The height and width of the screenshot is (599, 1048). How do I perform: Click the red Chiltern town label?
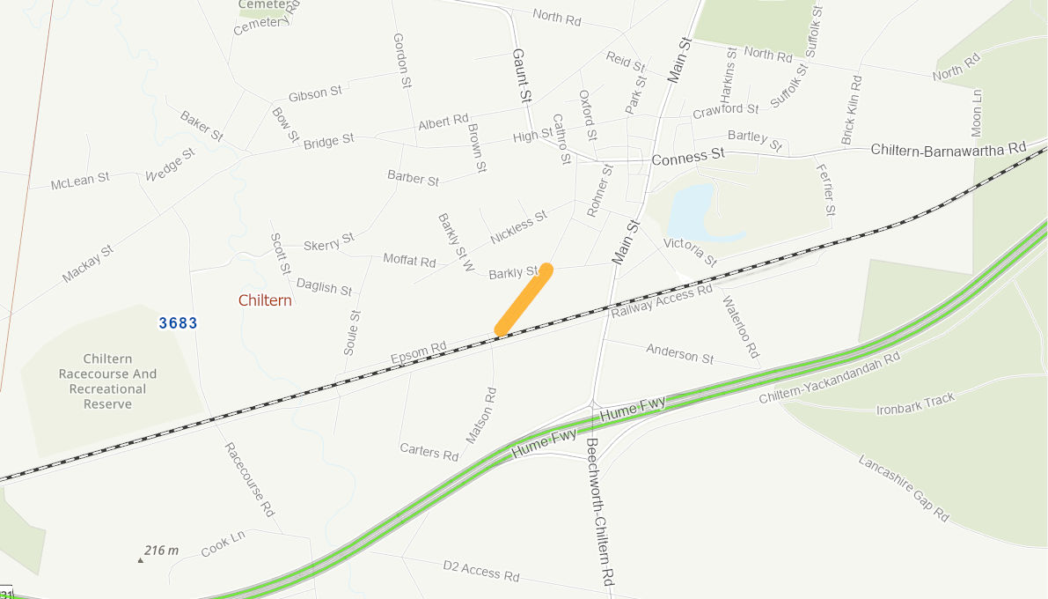[x=265, y=300]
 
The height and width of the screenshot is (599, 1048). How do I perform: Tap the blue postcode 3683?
[x=179, y=323]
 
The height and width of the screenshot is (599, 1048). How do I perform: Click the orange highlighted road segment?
[x=524, y=299]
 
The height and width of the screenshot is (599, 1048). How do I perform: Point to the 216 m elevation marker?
[x=160, y=551]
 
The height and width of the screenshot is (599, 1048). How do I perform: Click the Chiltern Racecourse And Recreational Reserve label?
[x=108, y=381]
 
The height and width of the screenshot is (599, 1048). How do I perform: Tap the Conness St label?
[x=688, y=157]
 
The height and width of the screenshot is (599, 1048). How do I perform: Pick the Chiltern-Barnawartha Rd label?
[x=949, y=149]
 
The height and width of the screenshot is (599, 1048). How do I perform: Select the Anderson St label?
[x=680, y=354]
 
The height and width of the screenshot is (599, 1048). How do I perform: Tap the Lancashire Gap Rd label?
[x=904, y=488]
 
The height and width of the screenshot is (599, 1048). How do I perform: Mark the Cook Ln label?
[x=223, y=543]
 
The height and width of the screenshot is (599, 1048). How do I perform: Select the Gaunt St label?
[x=522, y=76]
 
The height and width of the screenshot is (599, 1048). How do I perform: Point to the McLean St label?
[x=80, y=181]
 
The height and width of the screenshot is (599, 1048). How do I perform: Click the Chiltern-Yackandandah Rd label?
[x=830, y=379]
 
